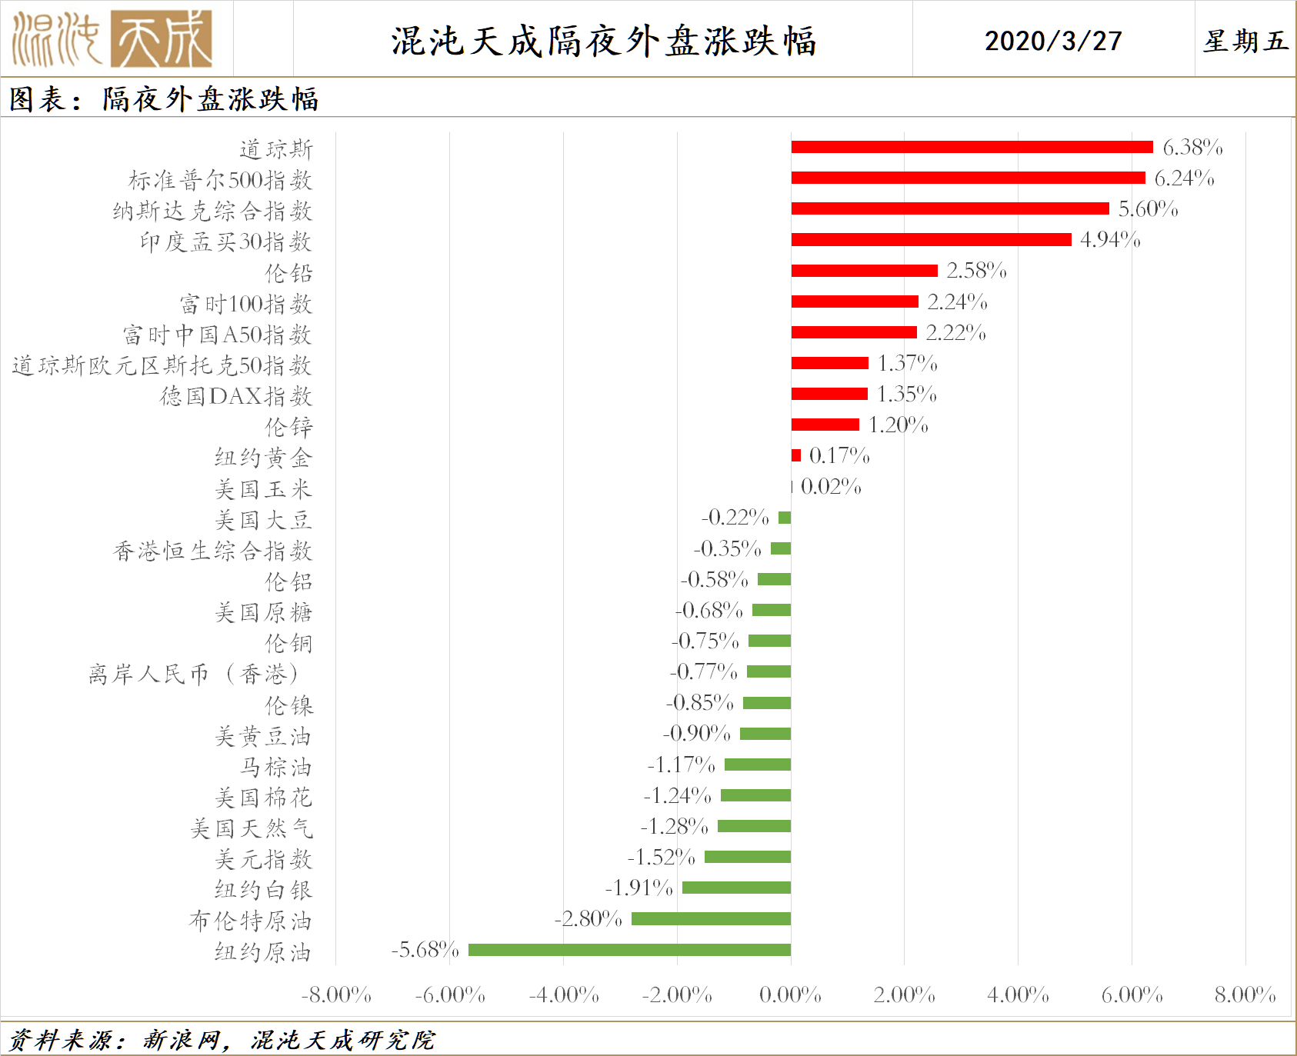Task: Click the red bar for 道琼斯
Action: point(972,147)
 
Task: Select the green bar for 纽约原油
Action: point(629,950)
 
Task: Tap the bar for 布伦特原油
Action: point(711,918)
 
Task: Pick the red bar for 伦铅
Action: point(864,271)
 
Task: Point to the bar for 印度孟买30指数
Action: point(931,240)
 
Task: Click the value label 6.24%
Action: point(1184,178)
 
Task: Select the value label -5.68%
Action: point(425,950)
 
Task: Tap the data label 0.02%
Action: point(831,487)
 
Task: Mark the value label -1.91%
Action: point(638,888)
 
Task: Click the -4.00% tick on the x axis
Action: point(564,995)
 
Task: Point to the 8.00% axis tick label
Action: point(1245,995)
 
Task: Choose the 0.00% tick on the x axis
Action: point(790,995)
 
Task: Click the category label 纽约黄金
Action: point(263,458)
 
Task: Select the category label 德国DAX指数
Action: point(236,396)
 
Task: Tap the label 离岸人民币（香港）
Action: point(193,675)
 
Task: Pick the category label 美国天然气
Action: point(252,828)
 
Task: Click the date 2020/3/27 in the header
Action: point(1053,41)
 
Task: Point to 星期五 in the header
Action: point(1245,41)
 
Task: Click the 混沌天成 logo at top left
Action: point(112,39)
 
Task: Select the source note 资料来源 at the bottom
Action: point(222,1040)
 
